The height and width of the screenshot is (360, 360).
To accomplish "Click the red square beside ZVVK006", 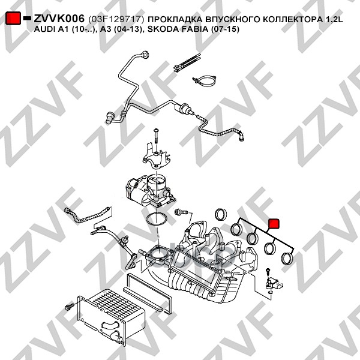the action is point(13,19).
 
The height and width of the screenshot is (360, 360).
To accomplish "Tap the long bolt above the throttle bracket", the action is point(155,137).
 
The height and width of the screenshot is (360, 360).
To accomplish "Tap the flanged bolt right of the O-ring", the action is point(179,212).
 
